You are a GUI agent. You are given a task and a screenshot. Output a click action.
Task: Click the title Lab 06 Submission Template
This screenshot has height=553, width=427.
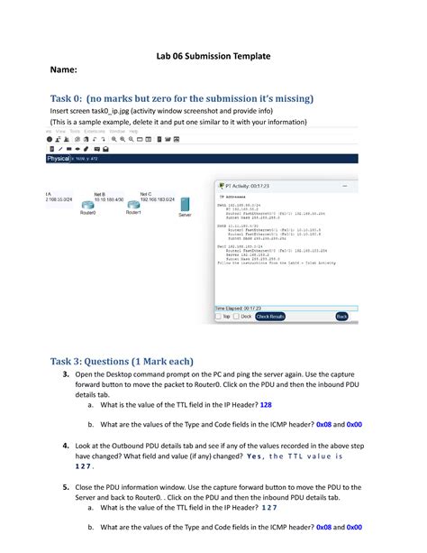pos(213,56)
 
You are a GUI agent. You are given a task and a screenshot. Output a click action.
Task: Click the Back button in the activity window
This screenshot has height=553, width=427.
pos(341,317)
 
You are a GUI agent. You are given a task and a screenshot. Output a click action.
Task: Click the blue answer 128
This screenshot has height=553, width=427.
pos(266,405)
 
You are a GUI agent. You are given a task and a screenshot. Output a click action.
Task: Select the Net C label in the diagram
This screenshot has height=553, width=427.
pos(145,193)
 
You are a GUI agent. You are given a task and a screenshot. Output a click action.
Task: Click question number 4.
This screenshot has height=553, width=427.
pos(67,446)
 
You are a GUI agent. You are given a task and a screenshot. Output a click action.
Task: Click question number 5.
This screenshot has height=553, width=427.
pos(67,484)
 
